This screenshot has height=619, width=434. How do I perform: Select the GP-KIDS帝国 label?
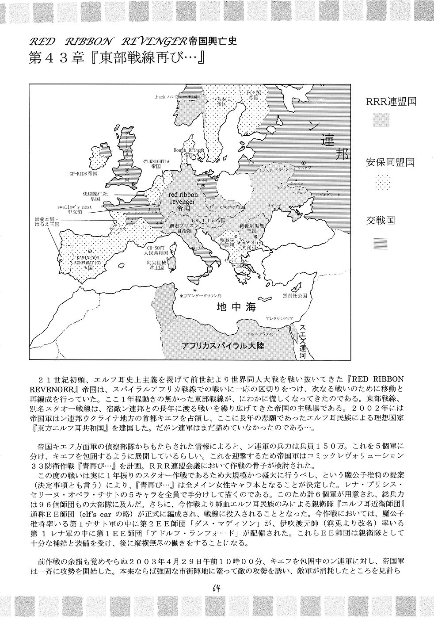tap(87, 173)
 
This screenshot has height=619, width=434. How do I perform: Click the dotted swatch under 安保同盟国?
tap(380, 182)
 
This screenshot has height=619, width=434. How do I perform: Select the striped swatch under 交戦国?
tap(380, 242)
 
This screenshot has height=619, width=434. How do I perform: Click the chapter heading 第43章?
tap(56, 59)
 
